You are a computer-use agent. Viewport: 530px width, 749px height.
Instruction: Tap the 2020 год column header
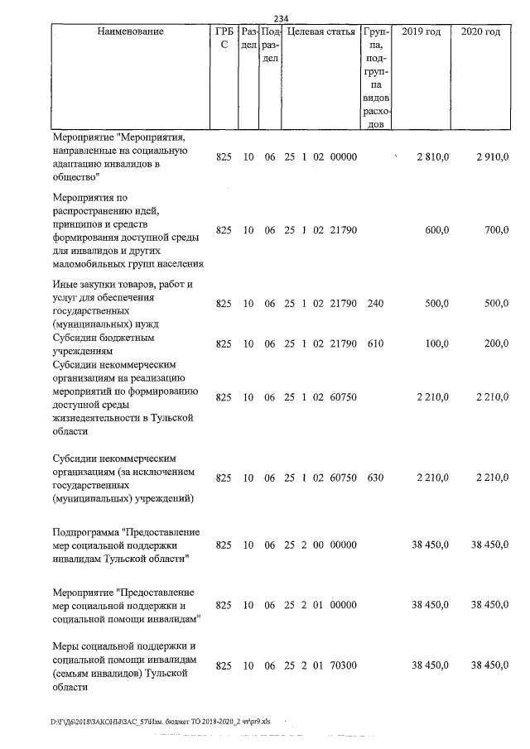tap(480, 32)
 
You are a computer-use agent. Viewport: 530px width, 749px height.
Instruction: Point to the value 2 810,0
tap(432, 156)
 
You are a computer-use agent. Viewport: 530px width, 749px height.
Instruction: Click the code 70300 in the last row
tap(343, 665)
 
